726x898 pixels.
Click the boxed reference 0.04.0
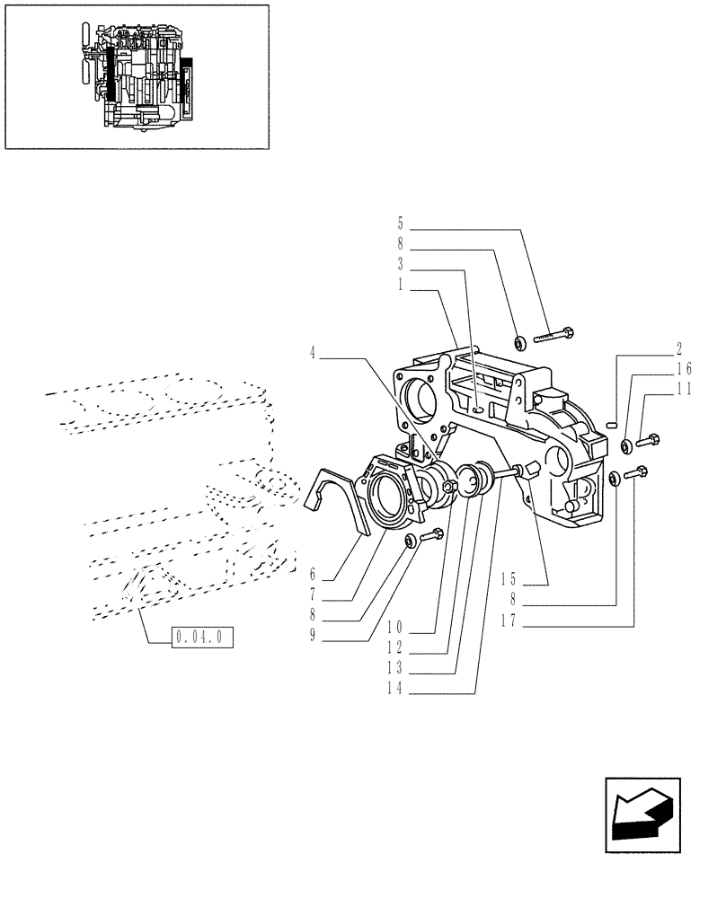point(204,638)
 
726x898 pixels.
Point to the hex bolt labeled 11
point(650,440)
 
